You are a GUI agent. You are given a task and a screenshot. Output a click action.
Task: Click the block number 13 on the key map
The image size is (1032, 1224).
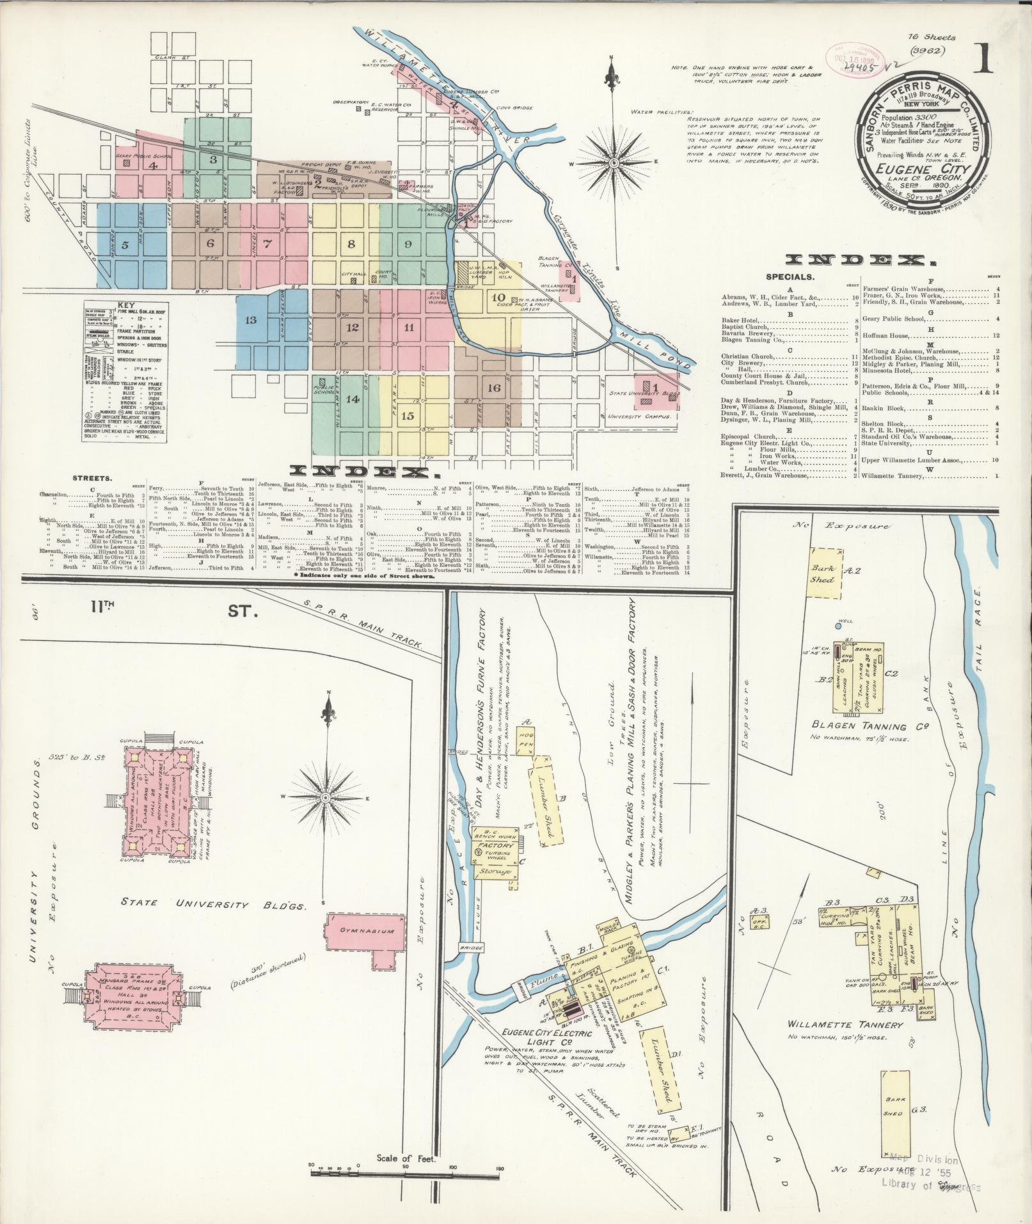tap(250, 319)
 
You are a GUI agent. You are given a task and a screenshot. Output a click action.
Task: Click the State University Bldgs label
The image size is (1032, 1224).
tap(213, 904)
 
